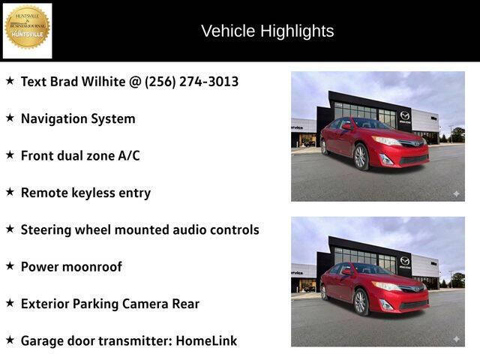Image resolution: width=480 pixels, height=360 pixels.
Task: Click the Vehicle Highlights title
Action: (267, 31)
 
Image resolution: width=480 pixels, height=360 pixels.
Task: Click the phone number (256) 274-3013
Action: (191, 81)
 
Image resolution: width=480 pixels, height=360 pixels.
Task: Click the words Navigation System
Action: (78, 118)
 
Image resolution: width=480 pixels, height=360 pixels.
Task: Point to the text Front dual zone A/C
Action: (80, 155)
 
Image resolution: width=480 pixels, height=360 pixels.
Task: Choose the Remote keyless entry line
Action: (85, 193)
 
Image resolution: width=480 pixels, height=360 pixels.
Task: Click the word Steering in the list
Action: (46, 229)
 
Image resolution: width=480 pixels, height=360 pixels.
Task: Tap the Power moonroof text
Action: (71, 266)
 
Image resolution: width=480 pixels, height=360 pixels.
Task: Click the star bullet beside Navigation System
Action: (10, 118)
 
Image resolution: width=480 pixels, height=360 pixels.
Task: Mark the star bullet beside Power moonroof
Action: (10, 265)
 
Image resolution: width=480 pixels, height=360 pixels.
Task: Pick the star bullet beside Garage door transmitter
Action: (10, 340)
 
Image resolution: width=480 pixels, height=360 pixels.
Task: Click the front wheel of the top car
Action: (361, 157)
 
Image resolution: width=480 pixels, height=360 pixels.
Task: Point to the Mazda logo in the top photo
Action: (405, 115)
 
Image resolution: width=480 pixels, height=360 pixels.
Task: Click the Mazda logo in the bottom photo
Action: (405, 261)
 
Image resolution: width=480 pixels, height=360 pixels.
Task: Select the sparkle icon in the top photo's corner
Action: (455, 193)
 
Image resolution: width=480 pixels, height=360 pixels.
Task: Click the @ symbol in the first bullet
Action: (134, 81)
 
